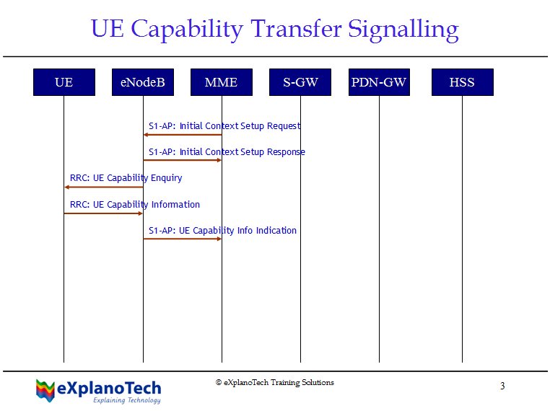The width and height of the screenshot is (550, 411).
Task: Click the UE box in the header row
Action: (x=64, y=82)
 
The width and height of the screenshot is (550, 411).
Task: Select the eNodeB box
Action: (x=143, y=82)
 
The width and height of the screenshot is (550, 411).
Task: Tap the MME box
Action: (x=222, y=82)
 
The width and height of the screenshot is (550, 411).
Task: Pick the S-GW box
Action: (x=300, y=82)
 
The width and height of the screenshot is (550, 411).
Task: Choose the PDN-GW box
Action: (x=379, y=82)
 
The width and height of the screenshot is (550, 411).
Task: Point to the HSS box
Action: (x=463, y=82)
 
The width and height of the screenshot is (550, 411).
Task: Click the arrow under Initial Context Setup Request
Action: (x=183, y=135)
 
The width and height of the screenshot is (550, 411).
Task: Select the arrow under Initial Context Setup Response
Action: (x=183, y=160)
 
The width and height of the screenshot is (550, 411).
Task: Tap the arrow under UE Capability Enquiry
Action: (x=104, y=187)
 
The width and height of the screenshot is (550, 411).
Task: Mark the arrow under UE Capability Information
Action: (x=103, y=213)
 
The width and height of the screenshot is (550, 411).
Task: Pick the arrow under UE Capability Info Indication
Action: (x=183, y=239)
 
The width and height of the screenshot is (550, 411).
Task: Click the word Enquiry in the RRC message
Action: (x=166, y=178)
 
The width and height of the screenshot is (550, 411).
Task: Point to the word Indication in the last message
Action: (x=276, y=231)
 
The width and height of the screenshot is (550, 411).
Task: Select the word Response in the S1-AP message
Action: (x=286, y=152)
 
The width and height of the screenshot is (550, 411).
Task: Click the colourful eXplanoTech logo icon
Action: (x=45, y=390)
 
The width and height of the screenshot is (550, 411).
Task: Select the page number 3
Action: (x=502, y=386)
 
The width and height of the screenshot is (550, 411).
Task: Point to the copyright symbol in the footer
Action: (x=219, y=382)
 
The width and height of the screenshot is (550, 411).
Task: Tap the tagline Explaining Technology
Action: (x=127, y=400)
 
